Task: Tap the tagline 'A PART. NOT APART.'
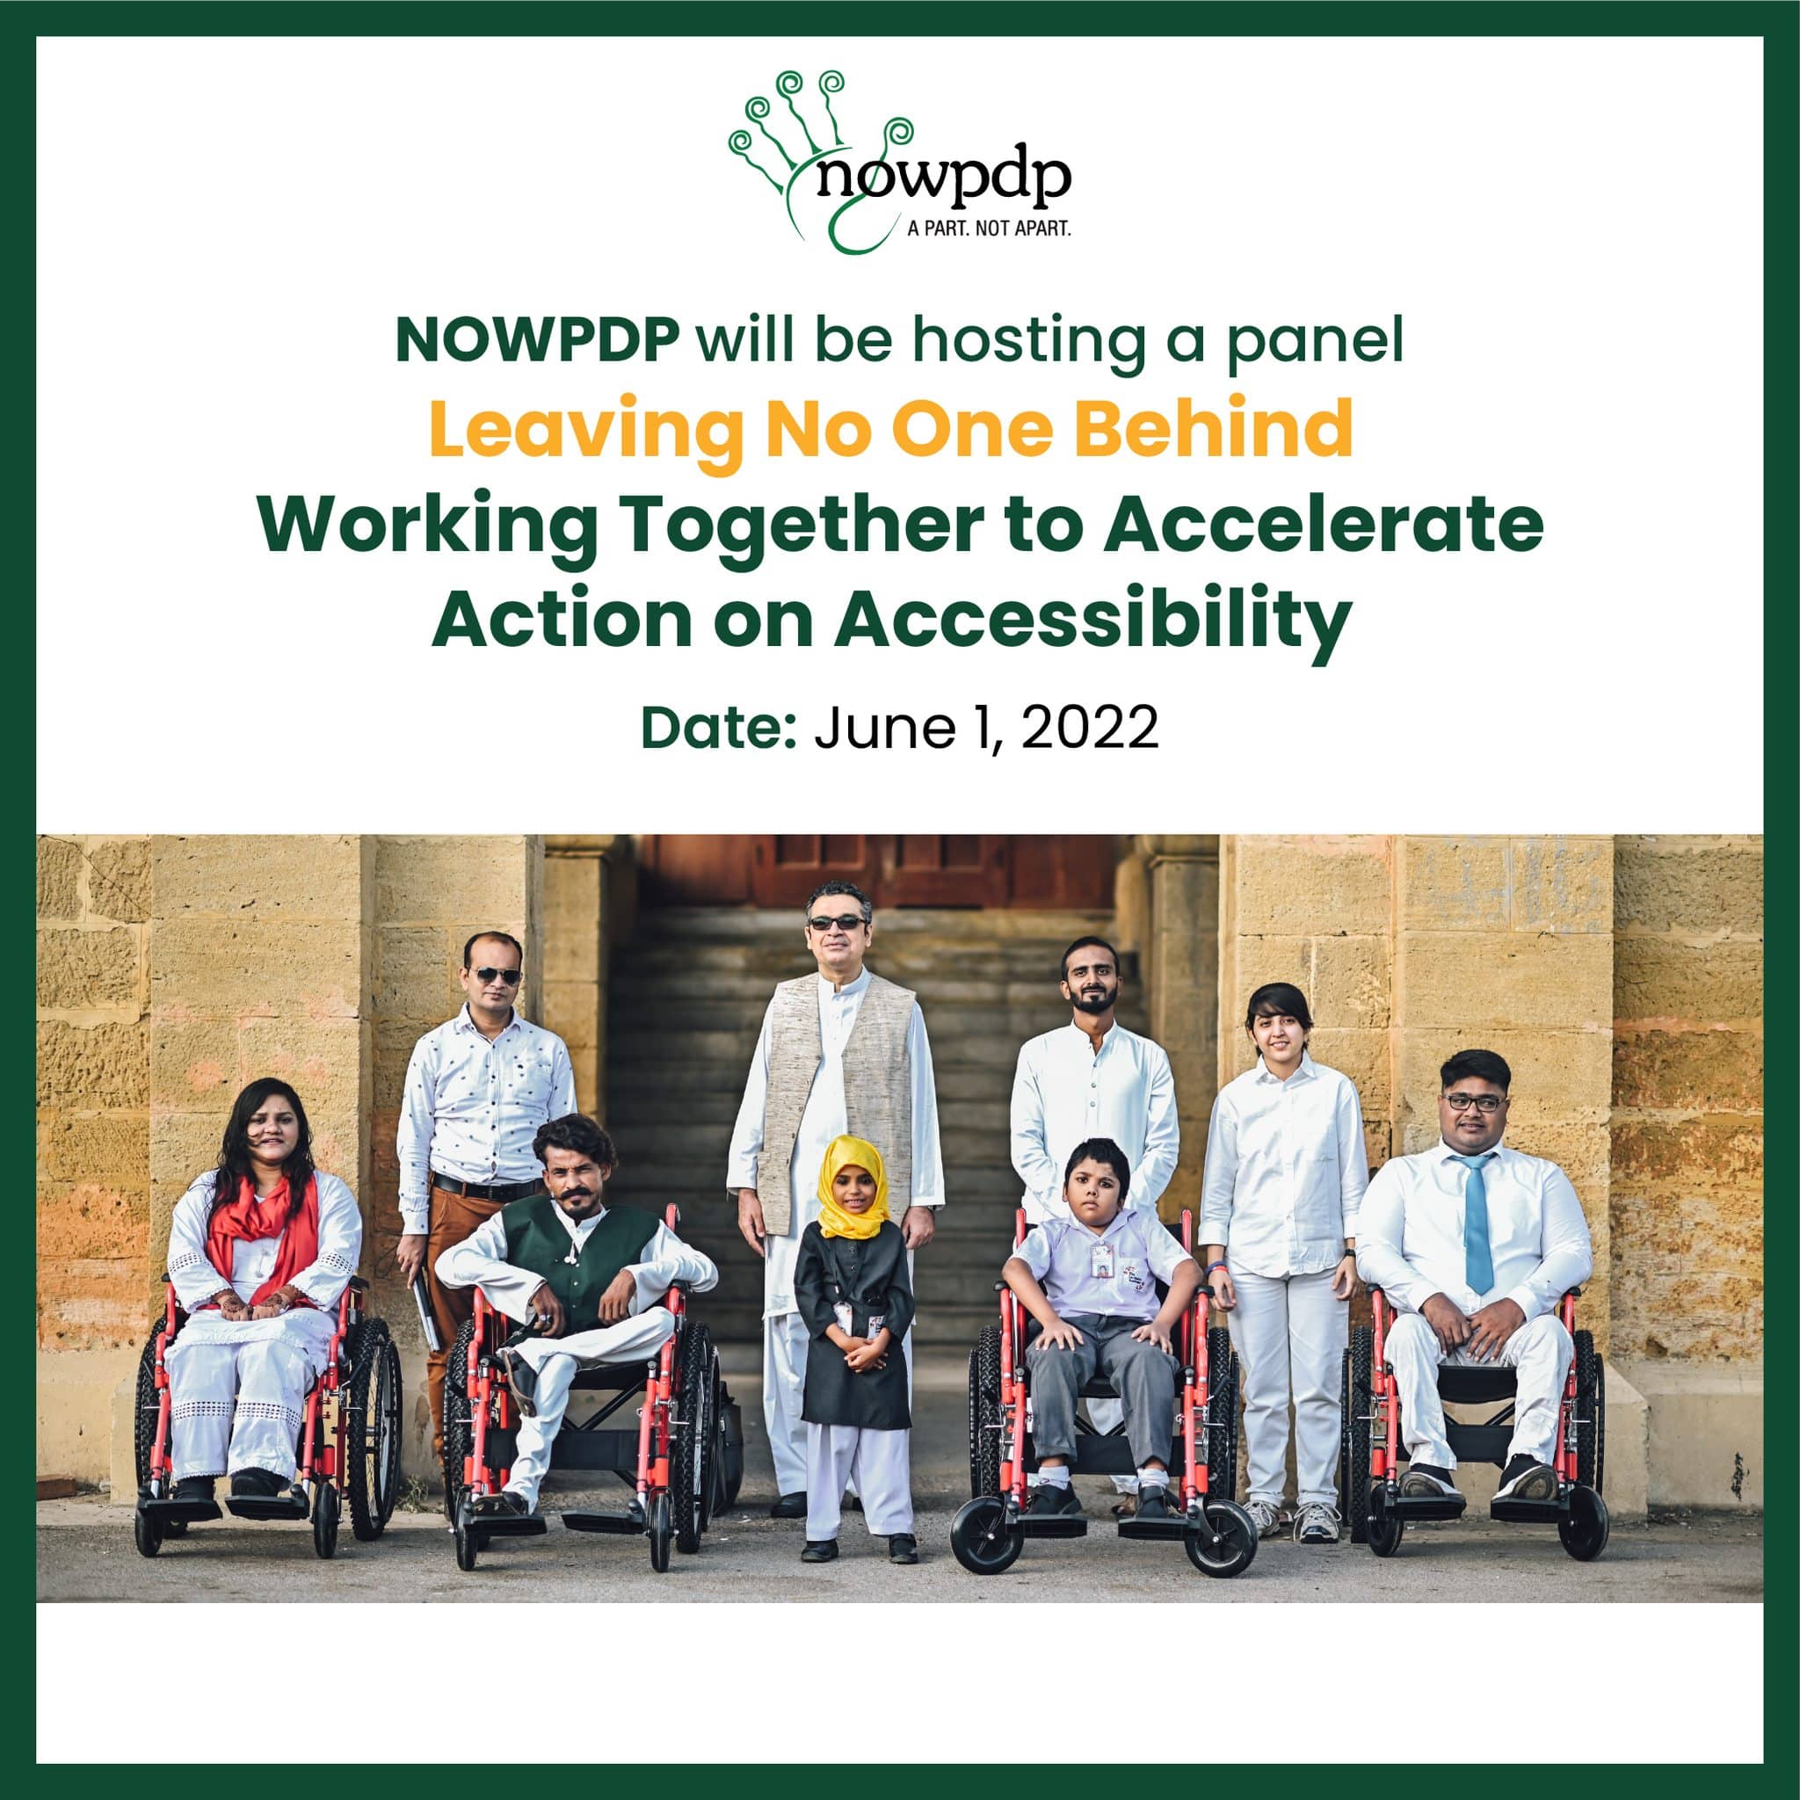pyautogui.click(x=989, y=229)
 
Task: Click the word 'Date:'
pyautogui.click(x=717, y=729)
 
